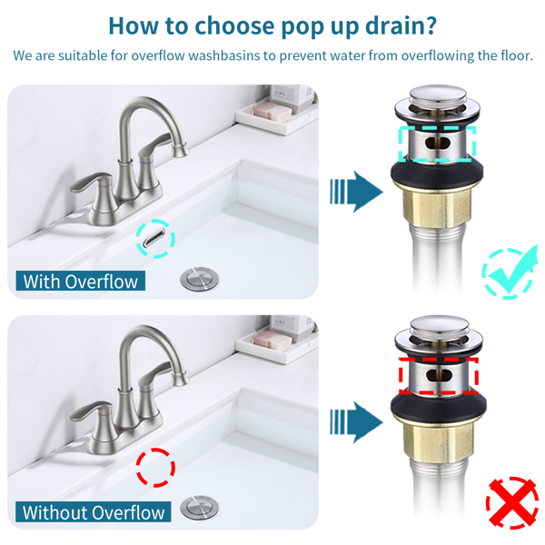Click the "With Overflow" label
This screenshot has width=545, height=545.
pos(81,281)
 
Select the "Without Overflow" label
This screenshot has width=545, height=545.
pos(94,511)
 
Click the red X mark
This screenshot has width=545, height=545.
pos(512,505)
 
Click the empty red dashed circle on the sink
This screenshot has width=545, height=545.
pos(155,468)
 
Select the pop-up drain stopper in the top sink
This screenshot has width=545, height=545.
pos(200,278)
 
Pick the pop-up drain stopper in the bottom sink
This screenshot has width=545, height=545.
pos(200,508)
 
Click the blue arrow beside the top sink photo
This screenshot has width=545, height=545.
pos(357,192)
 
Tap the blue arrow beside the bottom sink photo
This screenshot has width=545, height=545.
pos(357,422)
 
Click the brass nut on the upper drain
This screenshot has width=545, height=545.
pos(437,207)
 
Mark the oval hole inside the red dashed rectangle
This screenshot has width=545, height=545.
pos(439,375)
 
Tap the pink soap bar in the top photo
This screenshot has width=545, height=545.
pos(272,111)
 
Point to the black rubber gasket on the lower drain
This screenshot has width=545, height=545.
pos(439,405)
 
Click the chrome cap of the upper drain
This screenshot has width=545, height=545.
pos(438,96)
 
